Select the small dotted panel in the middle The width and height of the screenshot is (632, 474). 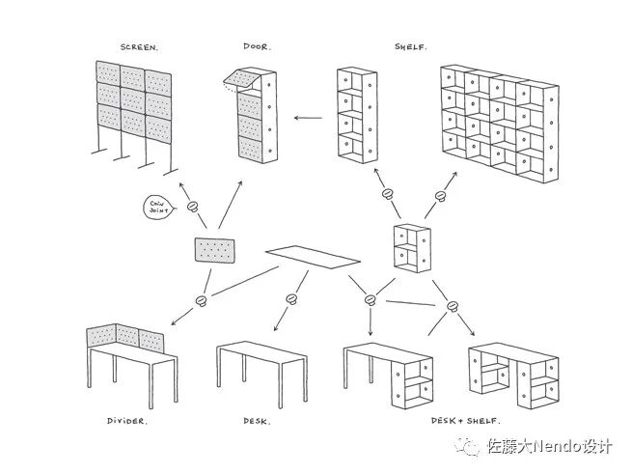(x=215, y=250)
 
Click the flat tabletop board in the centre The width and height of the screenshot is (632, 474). (x=313, y=255)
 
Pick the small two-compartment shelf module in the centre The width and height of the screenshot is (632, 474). (x=411, y=247)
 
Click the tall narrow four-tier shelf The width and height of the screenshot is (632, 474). (x=355, y=114)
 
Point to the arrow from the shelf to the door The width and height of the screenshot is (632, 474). (x=308, y=119)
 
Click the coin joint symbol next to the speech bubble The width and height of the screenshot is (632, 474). (x=191, y=206)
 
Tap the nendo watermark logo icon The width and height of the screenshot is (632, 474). (x=472, y=446)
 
